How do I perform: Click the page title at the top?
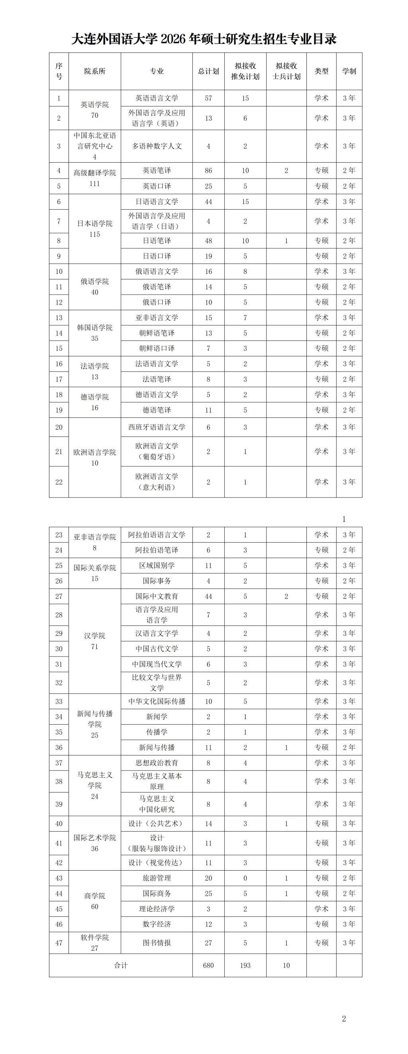(x=204, y=39)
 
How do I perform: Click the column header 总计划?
(x=208, y=71)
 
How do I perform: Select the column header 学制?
(x=349, y=71)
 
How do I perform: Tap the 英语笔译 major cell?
(x=157, y=171)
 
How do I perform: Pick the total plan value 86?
(x=208, y=171)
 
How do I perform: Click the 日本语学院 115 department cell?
(x=95, y=229)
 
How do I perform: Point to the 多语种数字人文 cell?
(x=157, y=146)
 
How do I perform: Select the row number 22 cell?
(x=59, y=482)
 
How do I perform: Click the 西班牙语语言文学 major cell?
(x=157, y=427)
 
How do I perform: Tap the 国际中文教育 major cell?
(x=157, y=596)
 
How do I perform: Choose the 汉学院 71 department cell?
(x=95, y=641)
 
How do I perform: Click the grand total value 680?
(x=208, y=965)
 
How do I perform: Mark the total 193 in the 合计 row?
(x=245, y=965)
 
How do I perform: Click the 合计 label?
(x=121, y=965)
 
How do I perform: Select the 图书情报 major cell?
(x=157, y=943)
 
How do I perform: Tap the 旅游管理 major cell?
(x=157, y=878)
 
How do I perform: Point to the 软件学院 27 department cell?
(x=95, y=943)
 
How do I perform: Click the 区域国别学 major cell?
(x=157, y=565)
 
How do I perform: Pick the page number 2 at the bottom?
(x=344, y=1019)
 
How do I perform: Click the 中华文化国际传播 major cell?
(x=157, y=701)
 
